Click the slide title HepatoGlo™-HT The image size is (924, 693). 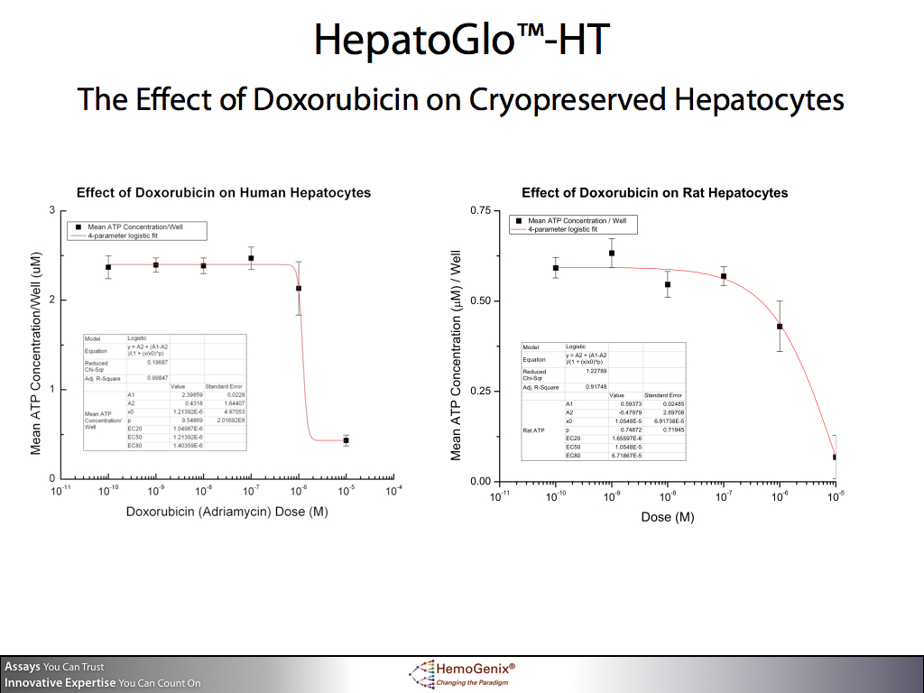click(x=461, y=40)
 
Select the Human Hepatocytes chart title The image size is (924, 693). click(x=224, y=193)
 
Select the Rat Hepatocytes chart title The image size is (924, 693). click(x=654, y=193)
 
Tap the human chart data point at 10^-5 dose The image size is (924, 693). click(x=346, y=440)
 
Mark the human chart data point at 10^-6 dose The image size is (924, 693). click(x=299, y=289)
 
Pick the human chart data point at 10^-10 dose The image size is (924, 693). click(x=108, y=267)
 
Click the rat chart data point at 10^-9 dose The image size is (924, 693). click(x=612, y=254)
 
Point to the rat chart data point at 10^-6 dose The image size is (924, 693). click(x=780, y=327)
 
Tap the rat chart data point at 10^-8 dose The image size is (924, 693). click(x=668, y=285)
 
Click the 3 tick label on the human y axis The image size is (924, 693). click(x=51, y=210)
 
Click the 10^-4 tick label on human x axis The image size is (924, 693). click(x=393, y=492)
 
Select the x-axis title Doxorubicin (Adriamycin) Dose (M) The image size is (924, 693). click(x=226, y=512)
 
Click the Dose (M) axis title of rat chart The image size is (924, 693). click(x=668, y=517)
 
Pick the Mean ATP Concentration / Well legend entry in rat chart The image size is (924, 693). click(x=577, y=221)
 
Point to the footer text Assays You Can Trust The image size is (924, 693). click(x=54, y=667)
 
